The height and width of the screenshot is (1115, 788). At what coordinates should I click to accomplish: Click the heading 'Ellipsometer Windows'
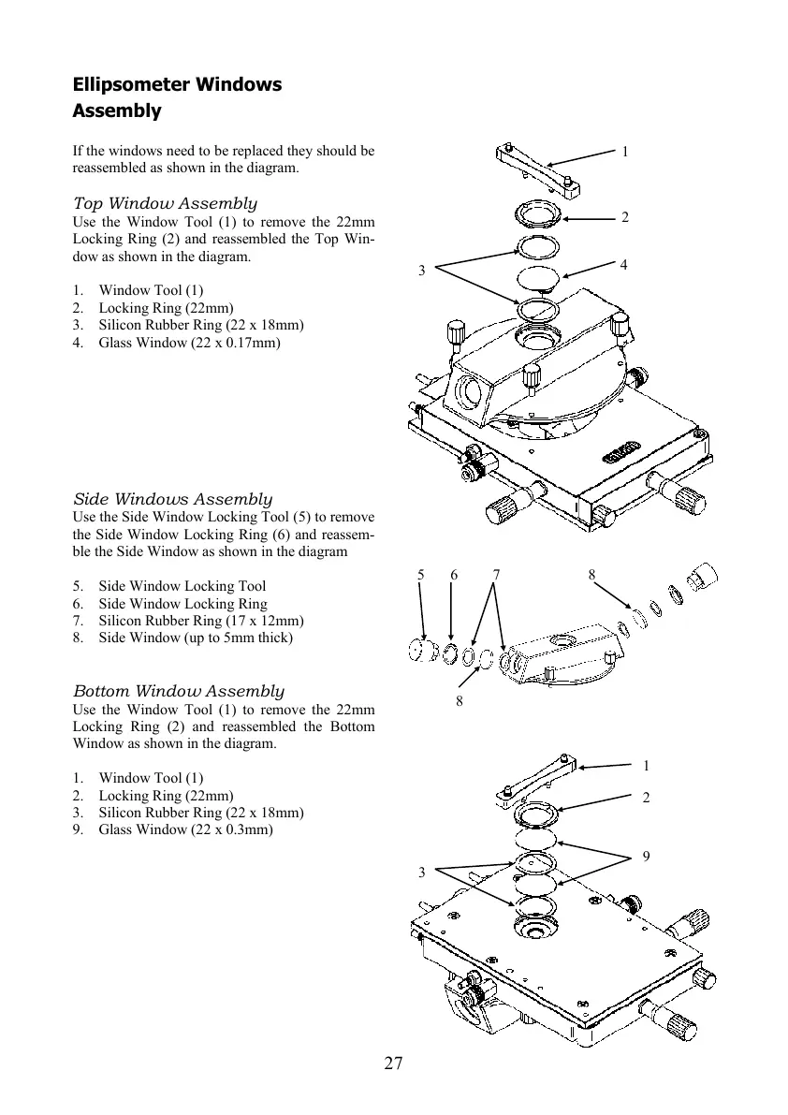(x=177, y=84)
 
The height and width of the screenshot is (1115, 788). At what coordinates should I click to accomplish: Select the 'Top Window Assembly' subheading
(x=165, y=203)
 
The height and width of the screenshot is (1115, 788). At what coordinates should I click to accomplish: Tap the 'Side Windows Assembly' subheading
(x=172, y=499)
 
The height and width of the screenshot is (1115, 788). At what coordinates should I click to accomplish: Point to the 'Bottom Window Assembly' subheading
(x=178, y=691)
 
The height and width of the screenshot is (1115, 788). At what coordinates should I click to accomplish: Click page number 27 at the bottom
(x=393, y=1063)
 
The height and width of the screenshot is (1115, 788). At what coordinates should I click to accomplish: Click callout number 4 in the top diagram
(x=624, y=265)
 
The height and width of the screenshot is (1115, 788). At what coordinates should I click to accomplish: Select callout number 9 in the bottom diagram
(x=647, y=857)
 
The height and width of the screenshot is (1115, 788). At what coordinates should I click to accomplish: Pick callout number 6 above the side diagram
(x=453, y=575)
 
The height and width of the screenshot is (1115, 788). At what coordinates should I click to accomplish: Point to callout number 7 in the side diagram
(x=496, y=575)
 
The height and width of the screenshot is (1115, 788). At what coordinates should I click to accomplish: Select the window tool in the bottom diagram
(x=537, y=779)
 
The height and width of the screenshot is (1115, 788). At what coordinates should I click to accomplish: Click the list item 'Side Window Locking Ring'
(x=182, y=604)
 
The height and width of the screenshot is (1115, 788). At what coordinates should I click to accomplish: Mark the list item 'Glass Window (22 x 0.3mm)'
(x=185, y=830)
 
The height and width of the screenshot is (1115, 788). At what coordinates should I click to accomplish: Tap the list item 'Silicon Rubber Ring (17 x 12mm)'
(x=200, y=621)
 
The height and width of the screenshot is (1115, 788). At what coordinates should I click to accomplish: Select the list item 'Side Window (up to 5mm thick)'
(x=196, y=638)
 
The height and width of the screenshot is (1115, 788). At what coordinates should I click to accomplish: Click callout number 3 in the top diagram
(x=422, y=271)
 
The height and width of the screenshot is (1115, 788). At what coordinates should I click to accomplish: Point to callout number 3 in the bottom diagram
(x=422, y=873)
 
